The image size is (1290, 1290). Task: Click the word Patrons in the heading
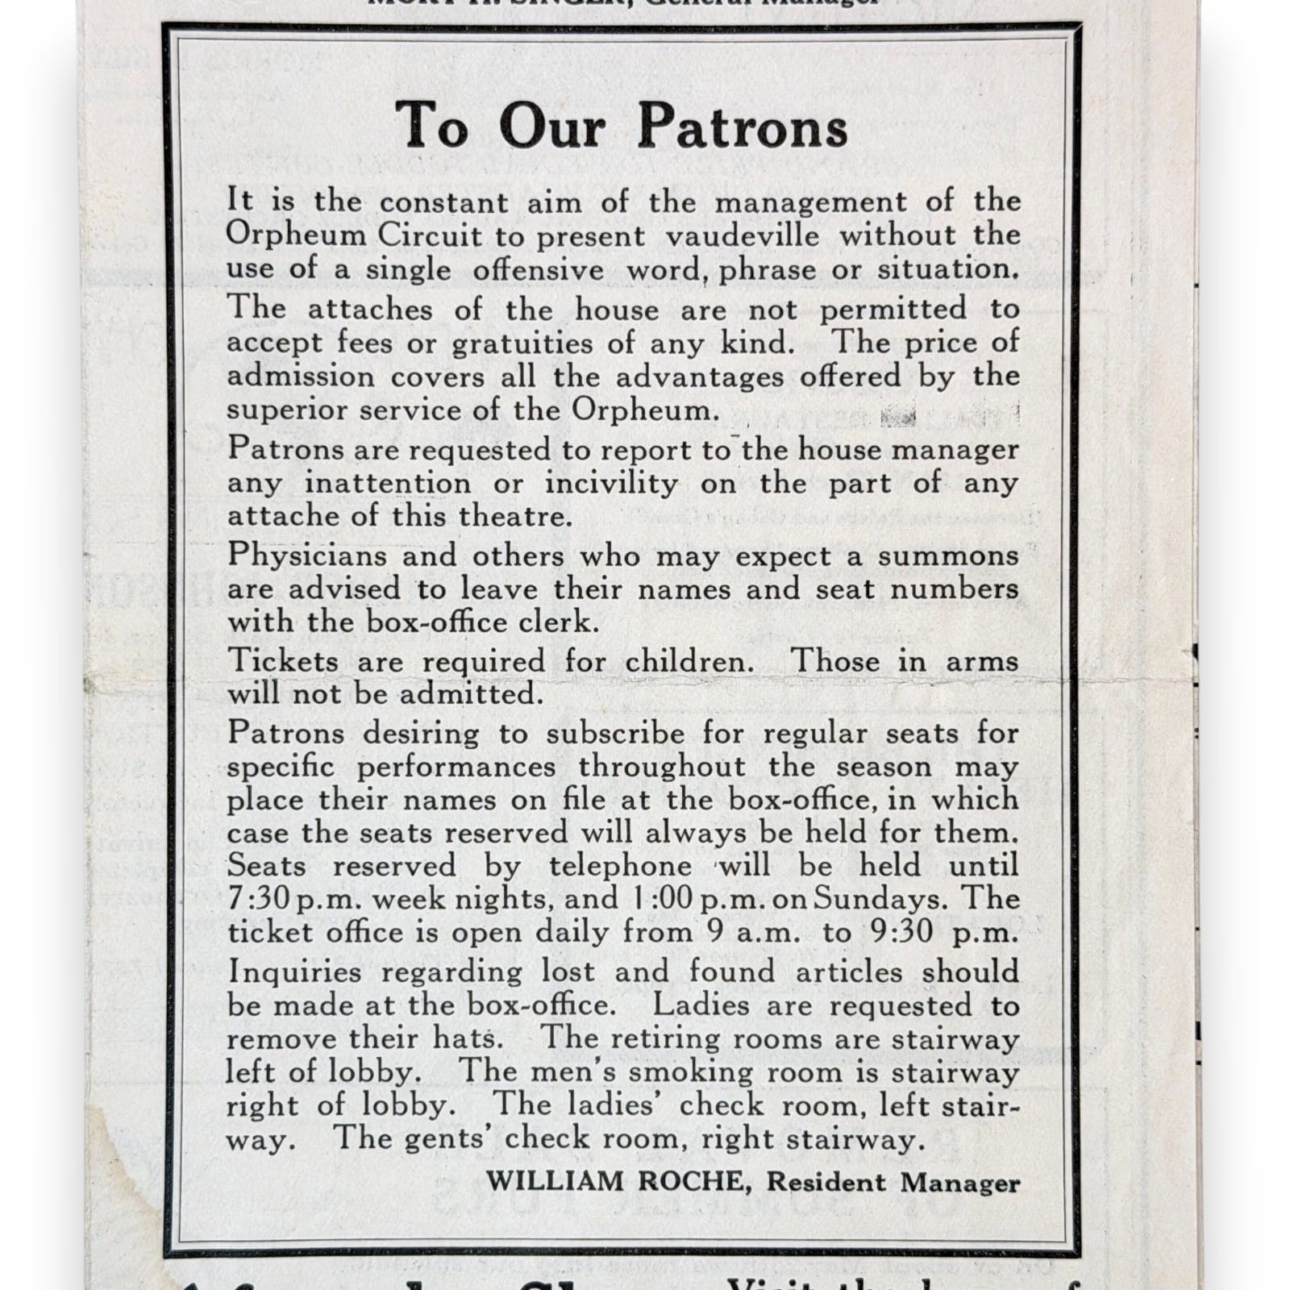[742, 127]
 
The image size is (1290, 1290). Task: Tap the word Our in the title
[551, 127]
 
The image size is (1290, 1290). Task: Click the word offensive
[539, 269]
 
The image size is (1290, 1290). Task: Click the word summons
[948, 556]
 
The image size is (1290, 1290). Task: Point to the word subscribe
[615, 734]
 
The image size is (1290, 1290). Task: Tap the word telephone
[620, 866]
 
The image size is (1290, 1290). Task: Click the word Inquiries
[294, 972]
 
